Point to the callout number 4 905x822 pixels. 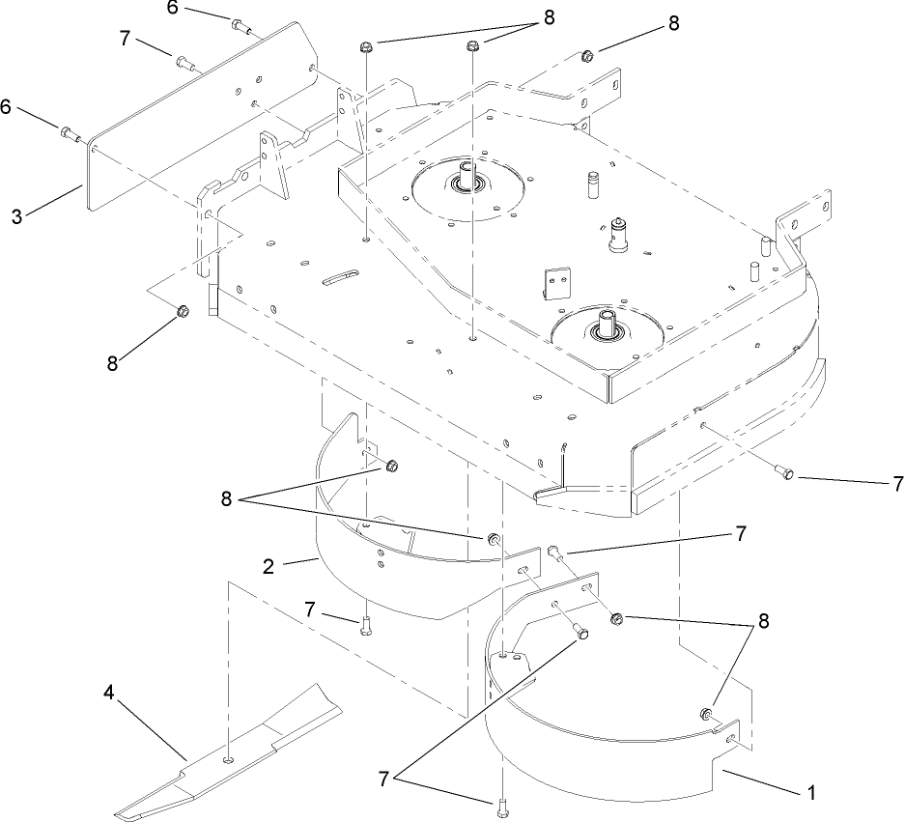(x=109, y=692)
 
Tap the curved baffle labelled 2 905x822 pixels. (x=386, y=580)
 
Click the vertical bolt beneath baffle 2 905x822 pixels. (x=364, y=626)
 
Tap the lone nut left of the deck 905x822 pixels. (x=183, y=311)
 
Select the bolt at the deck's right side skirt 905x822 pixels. (x=785, y=472)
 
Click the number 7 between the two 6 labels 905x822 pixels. (x=124, y=41)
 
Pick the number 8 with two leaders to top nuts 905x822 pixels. (x=549, y=16)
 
